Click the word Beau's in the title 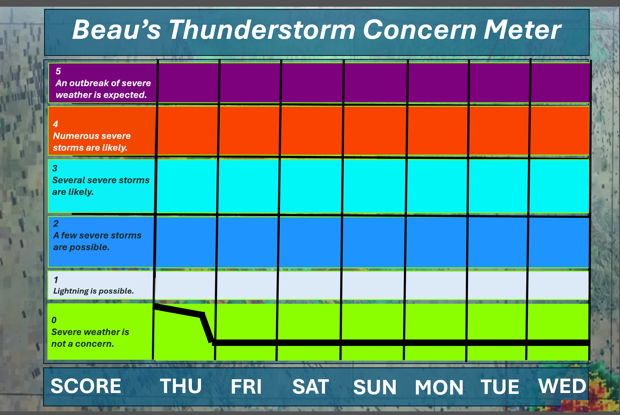pyautogui.click(x=117, y=30)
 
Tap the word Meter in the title pyautogui.click(x=522, y=30)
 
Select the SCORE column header pyautogui.click(x=86, y=386)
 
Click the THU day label pyautogui.click(x=181, y=386)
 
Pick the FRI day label pyautogui.click(x=246, y=387)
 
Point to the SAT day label pyautogui.click(x=311, y=387)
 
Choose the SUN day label pyautogui.click(x=375, y=387)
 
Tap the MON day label pyautogui.click(x=439, y=387)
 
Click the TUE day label pyautogui.click(x=500, y=387)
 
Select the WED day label pyautogui.click(x=562, y=386)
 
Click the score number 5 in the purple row pyautogui.click(x=58, y=71)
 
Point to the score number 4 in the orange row pyautogui.click(x=55, y=124)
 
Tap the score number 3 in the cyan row pyautogui.click(x=55, y=168)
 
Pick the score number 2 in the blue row pyautogui.click(x=56, y=223)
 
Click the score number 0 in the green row pyautogui.click(x=54, y=320)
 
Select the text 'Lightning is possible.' pyautogui.click(x=93, y=291)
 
